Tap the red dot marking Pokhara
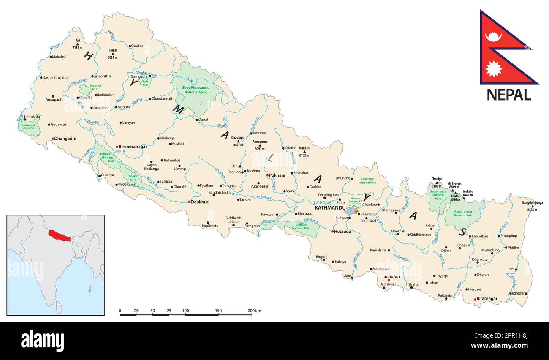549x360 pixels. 267,175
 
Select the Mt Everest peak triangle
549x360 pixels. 453,191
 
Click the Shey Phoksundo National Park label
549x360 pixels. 196,90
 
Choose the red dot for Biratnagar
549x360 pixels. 475,299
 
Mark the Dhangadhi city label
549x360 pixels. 66,138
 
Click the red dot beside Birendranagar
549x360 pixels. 117,147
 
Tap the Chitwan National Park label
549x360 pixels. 301,226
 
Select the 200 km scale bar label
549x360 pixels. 254,311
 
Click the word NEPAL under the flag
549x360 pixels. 508,95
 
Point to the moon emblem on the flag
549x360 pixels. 493,37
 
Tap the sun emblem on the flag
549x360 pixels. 493,68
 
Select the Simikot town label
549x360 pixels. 137,46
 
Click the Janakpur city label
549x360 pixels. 391,277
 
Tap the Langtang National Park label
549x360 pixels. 367,180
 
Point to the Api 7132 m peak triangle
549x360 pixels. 78,44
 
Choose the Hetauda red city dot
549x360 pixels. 332,231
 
